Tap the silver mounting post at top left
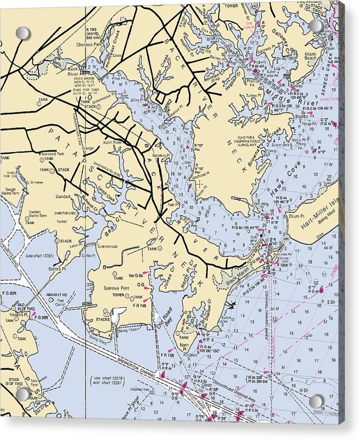coord(22,32)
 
